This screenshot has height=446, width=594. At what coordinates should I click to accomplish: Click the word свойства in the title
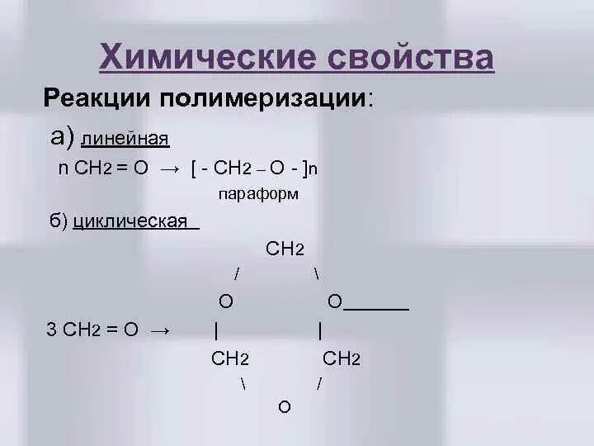[x=411, y=59]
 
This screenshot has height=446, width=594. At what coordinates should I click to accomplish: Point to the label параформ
[x=258, y=195]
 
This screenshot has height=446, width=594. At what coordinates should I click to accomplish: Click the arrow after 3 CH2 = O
[x=160, y=330]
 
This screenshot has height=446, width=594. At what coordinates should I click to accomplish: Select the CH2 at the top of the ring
[x=286, y=249]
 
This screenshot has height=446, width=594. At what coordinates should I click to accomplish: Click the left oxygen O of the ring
[x=225, y=302]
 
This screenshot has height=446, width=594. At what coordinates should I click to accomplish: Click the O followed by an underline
[x=334, y=302]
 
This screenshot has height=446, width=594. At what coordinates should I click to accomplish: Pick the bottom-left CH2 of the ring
[x=231, y=358]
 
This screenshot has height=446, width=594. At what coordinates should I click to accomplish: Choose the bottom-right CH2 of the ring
[x=342, y=358]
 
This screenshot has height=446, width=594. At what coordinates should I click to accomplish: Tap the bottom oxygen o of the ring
[x=284, y=407]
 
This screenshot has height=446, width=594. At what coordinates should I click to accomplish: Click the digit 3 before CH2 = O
[x=51, y=330]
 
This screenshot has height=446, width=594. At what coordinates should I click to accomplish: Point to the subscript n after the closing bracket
[x=313, y=168]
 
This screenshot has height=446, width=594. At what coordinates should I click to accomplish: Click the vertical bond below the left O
[x=215, y=330]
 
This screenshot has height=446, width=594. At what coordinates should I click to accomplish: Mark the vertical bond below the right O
[x=319, y=330]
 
